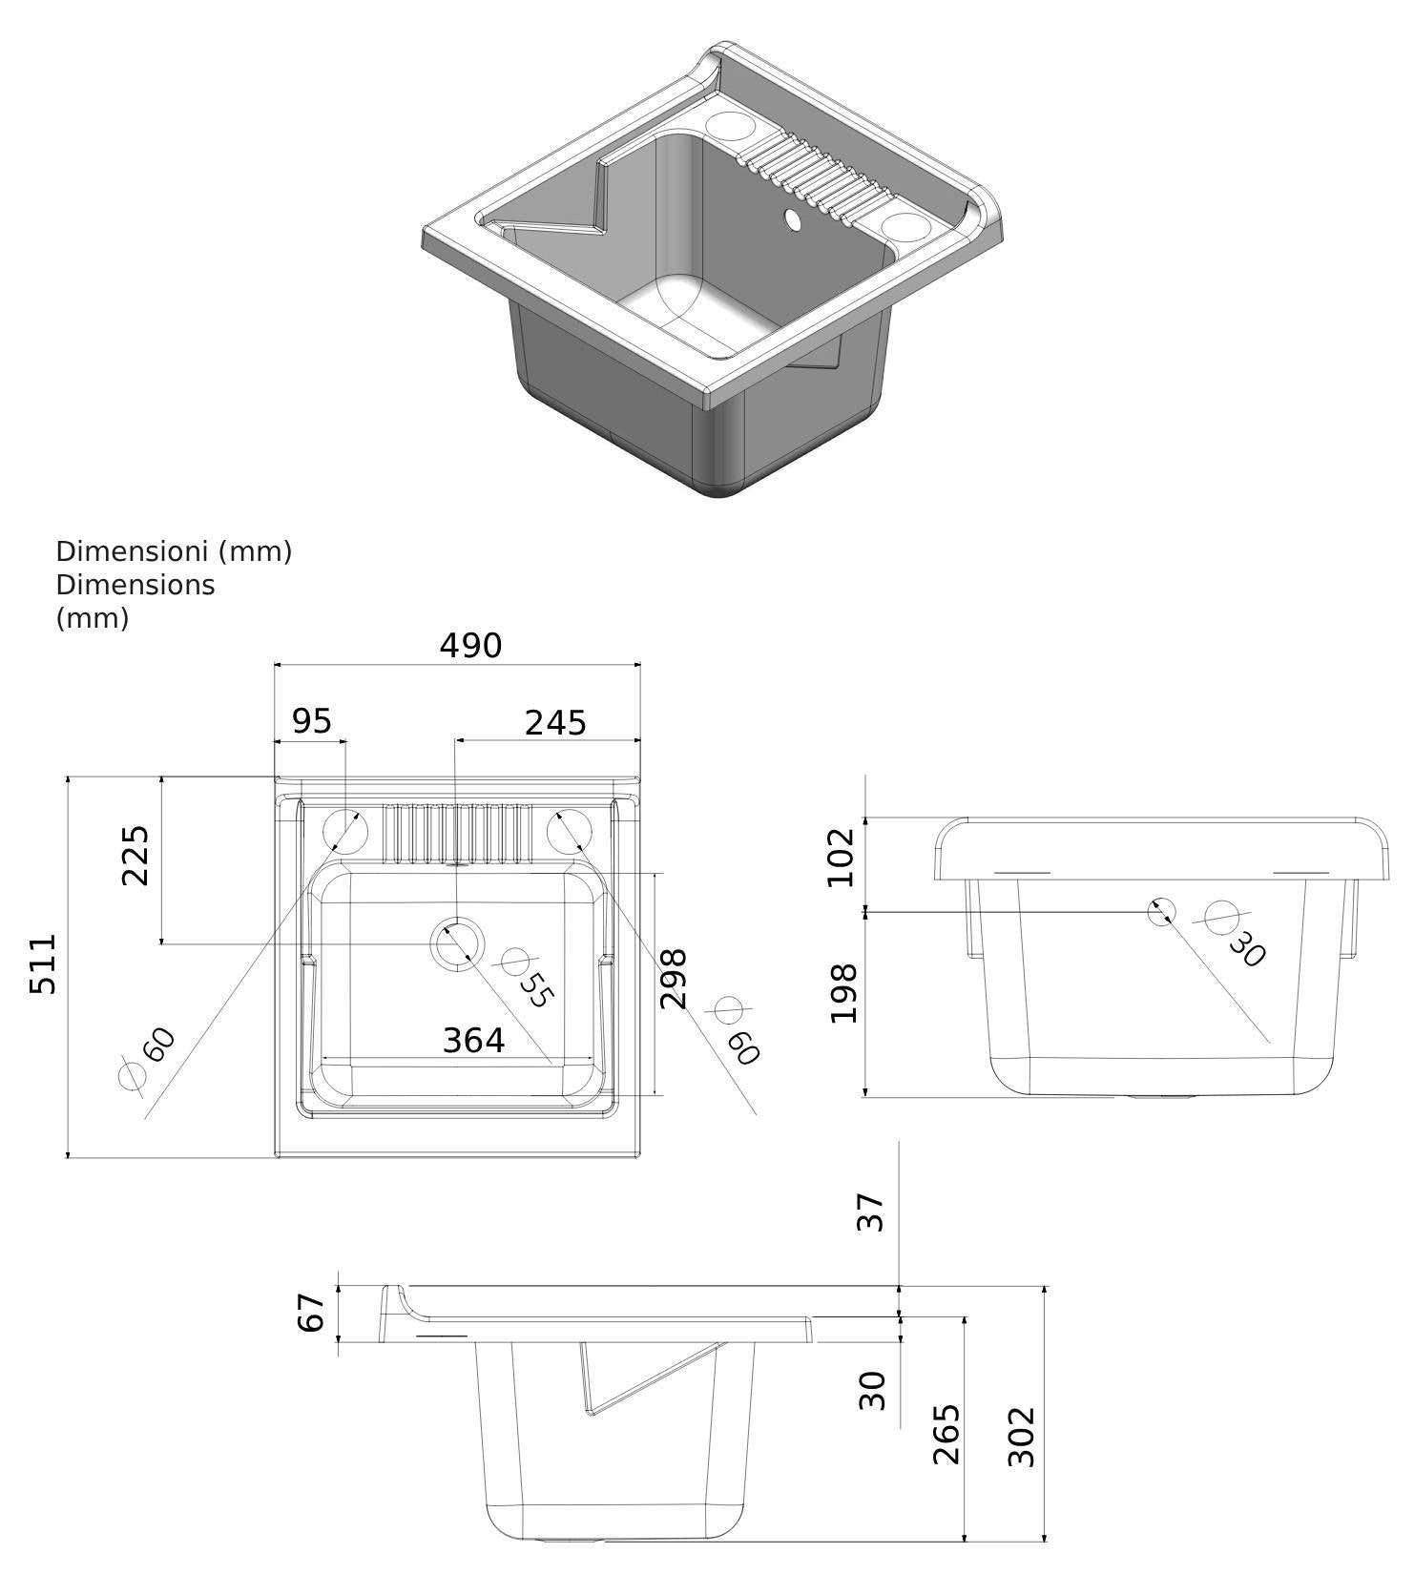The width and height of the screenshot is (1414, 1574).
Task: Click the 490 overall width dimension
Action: [470, 646]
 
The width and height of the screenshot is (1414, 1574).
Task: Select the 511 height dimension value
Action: [43, 964]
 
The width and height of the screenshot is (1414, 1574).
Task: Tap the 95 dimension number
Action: [311, 721]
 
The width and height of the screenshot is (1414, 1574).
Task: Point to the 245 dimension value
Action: [555, 723]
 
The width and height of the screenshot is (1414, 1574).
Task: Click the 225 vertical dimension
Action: [135, 856]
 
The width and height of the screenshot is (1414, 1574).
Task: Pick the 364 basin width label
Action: [473, 1040]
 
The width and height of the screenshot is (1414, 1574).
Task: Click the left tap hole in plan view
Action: [344, 830]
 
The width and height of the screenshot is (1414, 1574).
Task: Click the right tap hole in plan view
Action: [570, 830]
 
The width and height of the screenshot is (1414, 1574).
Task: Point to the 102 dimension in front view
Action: [842, 857]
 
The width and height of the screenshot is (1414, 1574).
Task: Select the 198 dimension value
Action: [843, 993]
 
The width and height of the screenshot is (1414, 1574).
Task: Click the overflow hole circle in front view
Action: [1161, 912]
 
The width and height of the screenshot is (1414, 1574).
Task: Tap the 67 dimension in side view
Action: [312, 1312]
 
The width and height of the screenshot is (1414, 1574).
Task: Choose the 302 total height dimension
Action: [1022, 1437]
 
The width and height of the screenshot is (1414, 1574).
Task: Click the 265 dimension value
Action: [946, 1434]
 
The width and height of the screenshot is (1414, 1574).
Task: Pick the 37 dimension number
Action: [871, 1212]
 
